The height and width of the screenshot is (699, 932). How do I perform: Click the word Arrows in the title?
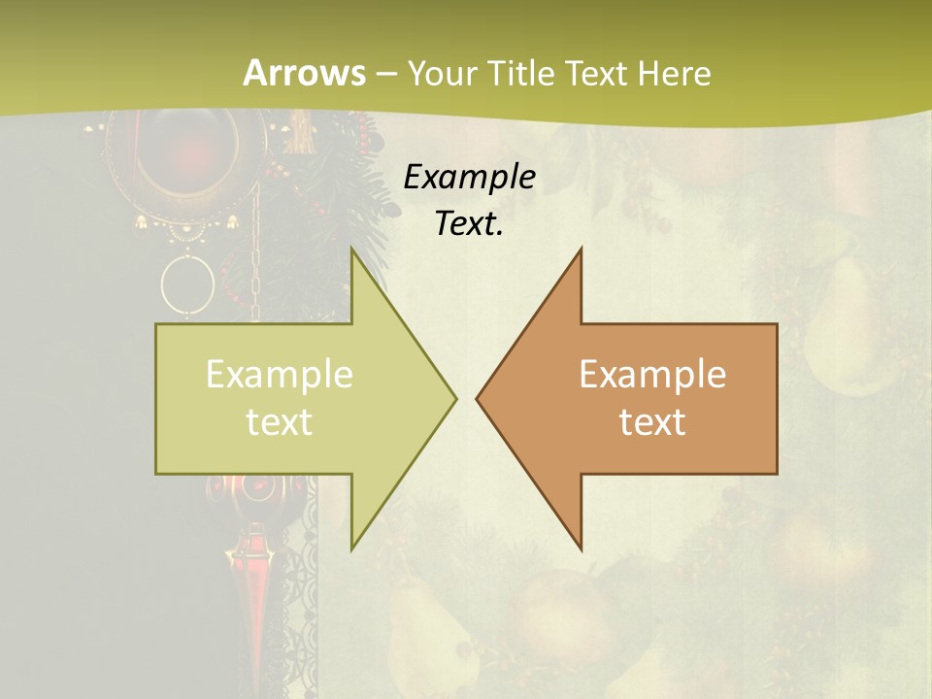point(304,73)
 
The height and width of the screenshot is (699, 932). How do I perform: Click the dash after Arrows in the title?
point(385,74)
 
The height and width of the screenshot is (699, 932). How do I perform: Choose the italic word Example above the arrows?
point(469,178)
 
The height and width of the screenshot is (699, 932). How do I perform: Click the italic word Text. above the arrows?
point(469,224)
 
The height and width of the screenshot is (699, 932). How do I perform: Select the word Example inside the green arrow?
point(280,375)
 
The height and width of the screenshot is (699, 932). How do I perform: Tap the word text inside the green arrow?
point(280,422)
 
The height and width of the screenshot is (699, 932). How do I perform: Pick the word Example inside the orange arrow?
point(652,375)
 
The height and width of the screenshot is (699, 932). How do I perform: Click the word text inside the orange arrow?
point(652,422)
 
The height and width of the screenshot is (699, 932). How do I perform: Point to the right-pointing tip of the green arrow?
point(454,398)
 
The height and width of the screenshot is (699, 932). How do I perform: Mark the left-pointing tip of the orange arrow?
point(478,398)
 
